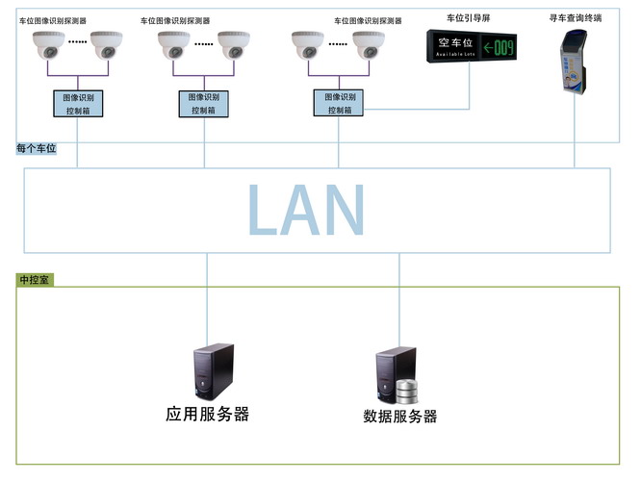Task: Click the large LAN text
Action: [306, 209]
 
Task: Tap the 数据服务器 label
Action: [400, 417]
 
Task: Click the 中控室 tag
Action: [36, 280]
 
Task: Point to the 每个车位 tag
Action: [37, 148]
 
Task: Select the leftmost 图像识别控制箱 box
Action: [78, 104]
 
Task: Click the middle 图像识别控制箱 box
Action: [204, 104]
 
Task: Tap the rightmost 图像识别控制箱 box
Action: [339, 104]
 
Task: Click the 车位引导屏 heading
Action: [471, 18]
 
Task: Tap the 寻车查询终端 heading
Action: [576, 17]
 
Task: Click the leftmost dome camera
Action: [48, 44]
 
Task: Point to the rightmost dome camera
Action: [369, 44]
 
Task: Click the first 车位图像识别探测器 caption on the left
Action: [53, 20]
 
